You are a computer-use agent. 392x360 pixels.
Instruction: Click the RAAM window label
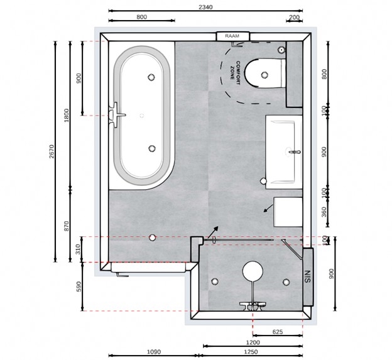[x=232, y=36]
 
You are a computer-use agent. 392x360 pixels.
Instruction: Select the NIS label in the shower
[x=307, y=276]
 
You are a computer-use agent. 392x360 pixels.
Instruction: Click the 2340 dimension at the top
[x=205, y=7]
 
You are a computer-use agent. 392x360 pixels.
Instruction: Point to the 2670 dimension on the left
[x=52, y=151]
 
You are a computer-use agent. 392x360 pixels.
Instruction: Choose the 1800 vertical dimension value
[x=66, y=115]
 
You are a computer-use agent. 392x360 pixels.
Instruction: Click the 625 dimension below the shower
[x=278, y=332]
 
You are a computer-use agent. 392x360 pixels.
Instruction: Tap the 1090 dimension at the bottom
[x=153, y=352]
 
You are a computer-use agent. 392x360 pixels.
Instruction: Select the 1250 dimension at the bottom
[x=251, y=352]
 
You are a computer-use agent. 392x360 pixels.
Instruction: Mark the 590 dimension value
[x=79, y=286]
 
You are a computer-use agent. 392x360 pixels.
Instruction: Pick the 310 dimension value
[x=78, y=249]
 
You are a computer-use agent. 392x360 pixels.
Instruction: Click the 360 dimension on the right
[x=324, y=212]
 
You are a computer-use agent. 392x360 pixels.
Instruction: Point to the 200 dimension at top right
[x=294, y=18]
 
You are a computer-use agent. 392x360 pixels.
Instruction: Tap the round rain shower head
[x=253, y=271]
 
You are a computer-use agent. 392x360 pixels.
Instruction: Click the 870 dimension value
[x=66, y=226]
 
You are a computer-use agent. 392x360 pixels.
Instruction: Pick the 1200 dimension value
[x=253, y=342]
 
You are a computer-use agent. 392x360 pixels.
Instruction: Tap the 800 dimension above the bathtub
[x=142, y=17]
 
